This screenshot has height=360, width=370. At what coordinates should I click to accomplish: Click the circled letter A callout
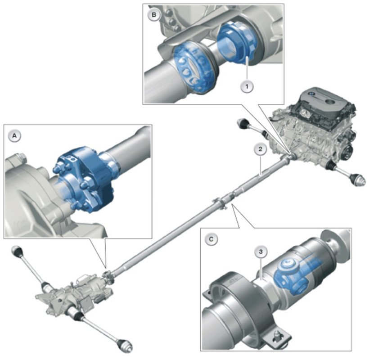click(15, 136)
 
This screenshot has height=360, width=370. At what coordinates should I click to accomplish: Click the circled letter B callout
click(154, 15)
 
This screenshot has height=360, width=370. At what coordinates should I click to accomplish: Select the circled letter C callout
click(211, 239)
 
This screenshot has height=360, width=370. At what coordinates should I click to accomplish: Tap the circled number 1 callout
click(247, 86)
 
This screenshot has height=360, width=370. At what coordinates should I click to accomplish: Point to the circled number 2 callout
click(260, 149)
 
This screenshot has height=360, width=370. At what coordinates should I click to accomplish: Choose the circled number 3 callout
click(261, 252)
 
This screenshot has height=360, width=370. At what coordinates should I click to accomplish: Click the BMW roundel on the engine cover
click(311, 94)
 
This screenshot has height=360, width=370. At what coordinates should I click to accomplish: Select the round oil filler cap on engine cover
click(330, 102)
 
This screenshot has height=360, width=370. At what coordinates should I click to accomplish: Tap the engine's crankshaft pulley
click(347, 152)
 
